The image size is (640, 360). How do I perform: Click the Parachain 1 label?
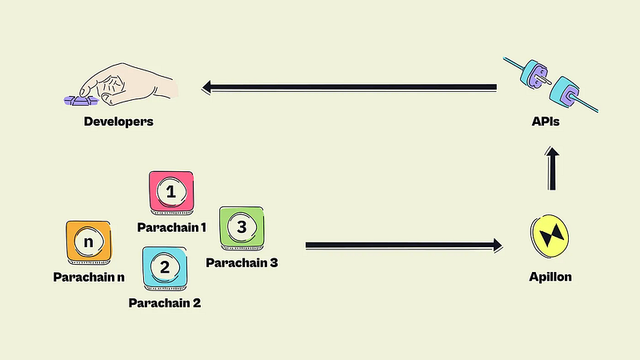(171, 227)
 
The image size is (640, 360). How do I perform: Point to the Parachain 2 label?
(165, 302)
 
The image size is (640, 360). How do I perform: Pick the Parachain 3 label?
(242, 262)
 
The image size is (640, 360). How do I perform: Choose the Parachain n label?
(89, 277)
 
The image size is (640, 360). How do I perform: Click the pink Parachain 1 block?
(171, 192)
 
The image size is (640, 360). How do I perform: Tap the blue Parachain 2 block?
(165, 268)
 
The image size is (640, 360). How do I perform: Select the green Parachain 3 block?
(242, 227)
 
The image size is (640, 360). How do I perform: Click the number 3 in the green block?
(242, 226)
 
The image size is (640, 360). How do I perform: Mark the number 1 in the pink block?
(170, 191)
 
